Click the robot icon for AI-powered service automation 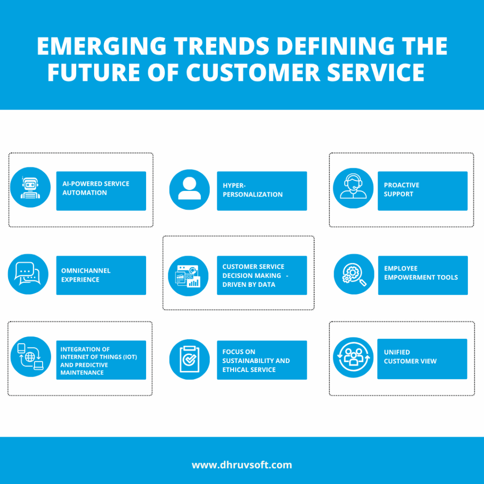tap(30, 188)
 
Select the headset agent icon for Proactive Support tap(353, 188)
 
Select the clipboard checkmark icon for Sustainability tap(189, 359)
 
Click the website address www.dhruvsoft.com tap(242, 465)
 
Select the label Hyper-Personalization tap(252, 190)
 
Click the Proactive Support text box tap(422, 190)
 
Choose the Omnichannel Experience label tap(86, 275)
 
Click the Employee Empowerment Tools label tap(421, 273)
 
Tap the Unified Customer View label tap(410, 357)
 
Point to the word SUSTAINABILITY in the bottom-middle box tap(256, 361)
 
